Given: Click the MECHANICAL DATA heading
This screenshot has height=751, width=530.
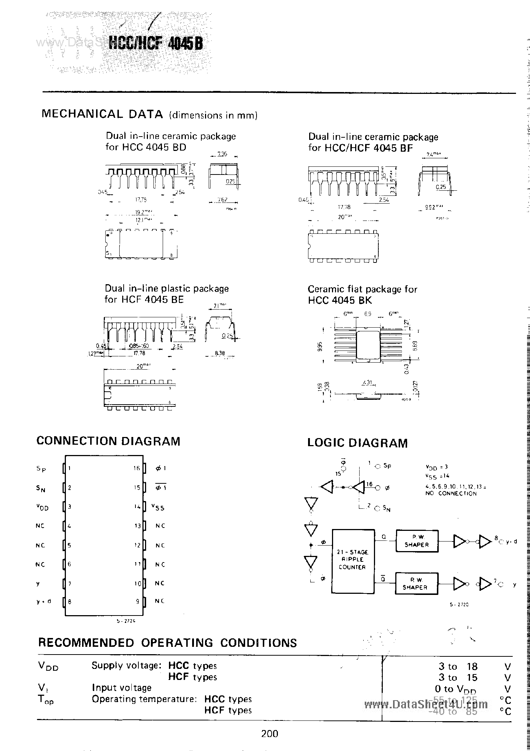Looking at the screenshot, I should (102, 114).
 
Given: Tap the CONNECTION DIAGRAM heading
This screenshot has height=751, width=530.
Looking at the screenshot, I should (109, 441).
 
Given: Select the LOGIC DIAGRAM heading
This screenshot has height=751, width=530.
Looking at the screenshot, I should (357, 443).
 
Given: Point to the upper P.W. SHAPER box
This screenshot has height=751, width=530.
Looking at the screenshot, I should (417, 541).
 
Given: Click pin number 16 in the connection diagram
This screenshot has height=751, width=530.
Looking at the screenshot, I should (137, 468).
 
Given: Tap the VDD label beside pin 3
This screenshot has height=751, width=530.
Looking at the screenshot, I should (42, 507).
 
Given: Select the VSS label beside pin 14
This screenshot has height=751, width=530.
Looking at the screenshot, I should (158, 507).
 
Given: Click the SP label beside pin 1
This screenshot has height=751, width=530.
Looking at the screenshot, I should (42, 469).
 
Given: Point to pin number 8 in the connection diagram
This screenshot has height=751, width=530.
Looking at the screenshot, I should (70, 602).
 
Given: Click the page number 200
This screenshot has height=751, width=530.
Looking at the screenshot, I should (270, 734).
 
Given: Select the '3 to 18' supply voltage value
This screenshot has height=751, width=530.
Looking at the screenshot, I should (458, 666).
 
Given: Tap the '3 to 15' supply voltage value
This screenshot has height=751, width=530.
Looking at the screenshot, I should (458, 677).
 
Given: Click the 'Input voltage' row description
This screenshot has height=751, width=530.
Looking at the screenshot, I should (122, 688).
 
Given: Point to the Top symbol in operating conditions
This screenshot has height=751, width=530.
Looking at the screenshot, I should (46, 699).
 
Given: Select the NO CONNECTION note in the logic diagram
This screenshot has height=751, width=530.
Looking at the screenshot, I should (451, 493).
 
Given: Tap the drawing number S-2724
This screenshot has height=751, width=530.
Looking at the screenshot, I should (126, 621).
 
